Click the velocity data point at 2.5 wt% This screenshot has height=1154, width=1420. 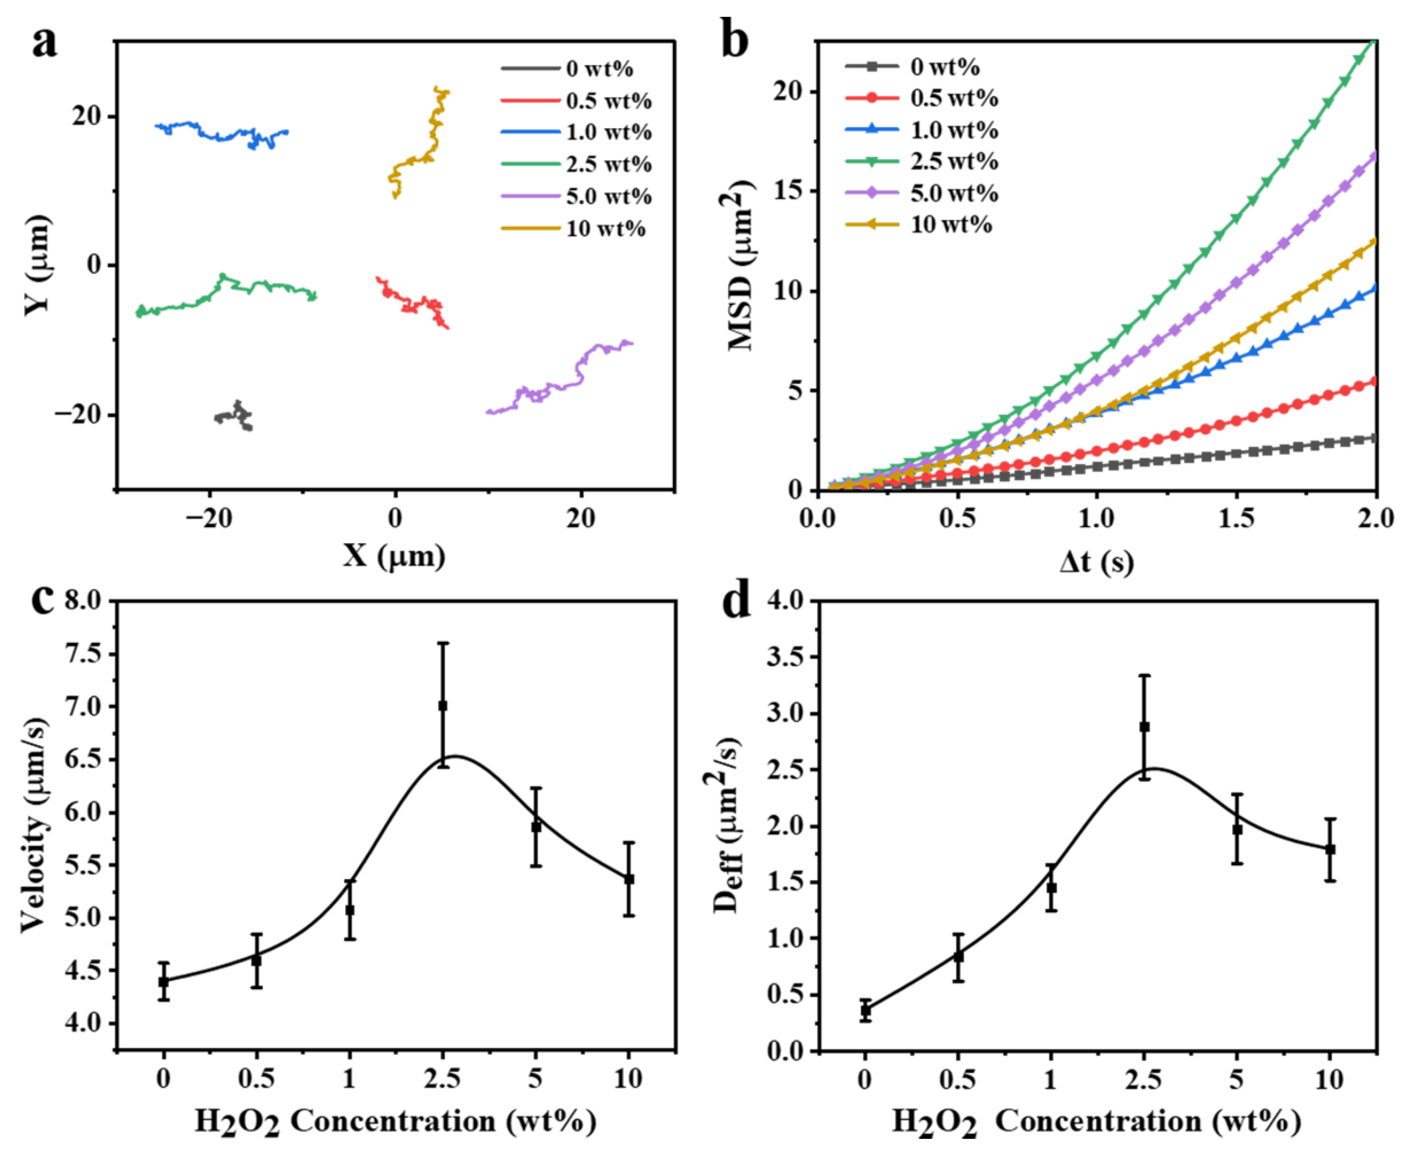point(443,706)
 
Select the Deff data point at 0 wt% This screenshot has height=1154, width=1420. point(865,1010)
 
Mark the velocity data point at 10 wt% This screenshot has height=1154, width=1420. point(629,879)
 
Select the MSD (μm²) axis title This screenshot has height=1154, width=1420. point(739,266)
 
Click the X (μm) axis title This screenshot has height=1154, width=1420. point(394,556)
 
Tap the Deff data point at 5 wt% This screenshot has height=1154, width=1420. point(1237,829)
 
